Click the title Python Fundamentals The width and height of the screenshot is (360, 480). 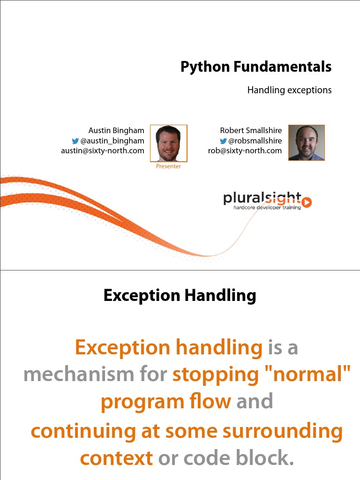256,67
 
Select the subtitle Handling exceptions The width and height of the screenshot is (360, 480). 289,90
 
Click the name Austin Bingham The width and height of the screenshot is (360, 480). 116,130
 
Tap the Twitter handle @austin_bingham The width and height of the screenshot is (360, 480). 112,141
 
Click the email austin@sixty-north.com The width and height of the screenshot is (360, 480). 103,151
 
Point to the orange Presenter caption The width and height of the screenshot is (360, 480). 168,166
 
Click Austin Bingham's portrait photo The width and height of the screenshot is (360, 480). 168,143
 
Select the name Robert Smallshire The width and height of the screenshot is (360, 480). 251,130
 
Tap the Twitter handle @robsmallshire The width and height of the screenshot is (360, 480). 255,141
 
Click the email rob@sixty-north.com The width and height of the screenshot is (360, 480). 245,151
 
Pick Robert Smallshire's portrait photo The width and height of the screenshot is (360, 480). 307,142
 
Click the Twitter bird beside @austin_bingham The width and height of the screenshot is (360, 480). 75,141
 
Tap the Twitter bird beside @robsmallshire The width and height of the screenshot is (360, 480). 224,141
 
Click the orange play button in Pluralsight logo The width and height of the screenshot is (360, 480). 307,202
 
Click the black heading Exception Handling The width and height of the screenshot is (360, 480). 180,296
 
